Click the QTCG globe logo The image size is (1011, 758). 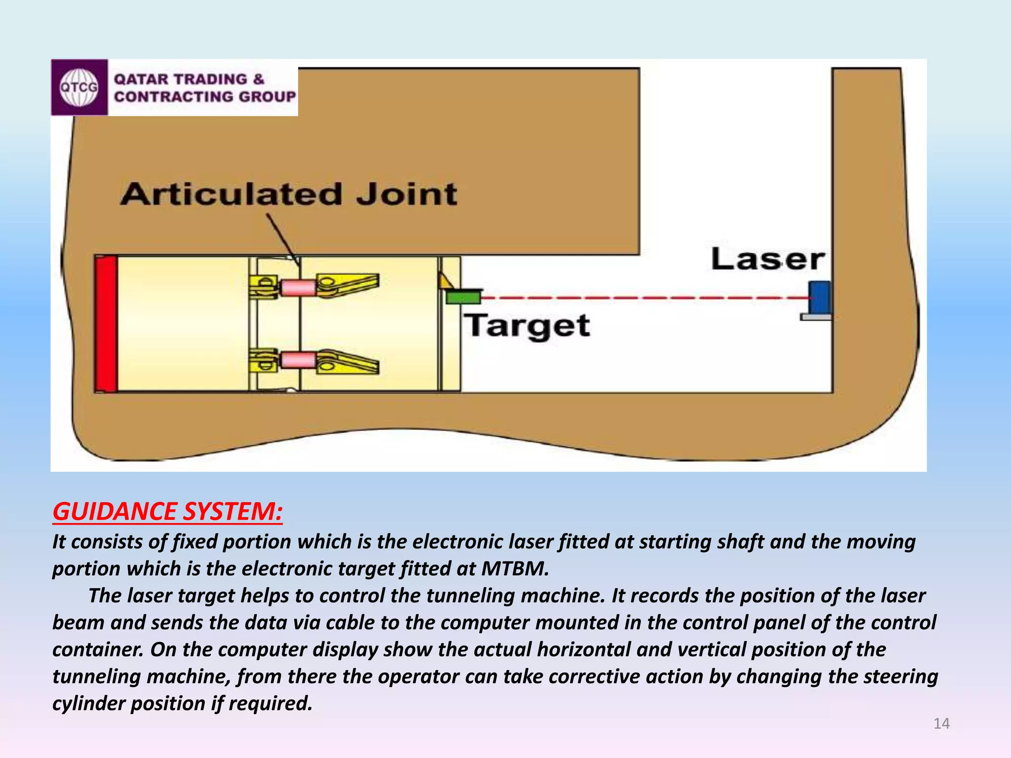point(79,87)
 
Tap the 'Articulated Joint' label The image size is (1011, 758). point(289,194)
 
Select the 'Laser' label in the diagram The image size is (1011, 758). point(768,259)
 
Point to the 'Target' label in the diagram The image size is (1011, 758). point(528,326)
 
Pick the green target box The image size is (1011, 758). point(464,297)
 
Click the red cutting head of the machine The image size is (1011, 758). point(106,324)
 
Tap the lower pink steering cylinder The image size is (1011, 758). point(298,360)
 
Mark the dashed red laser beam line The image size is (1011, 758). point(642,298)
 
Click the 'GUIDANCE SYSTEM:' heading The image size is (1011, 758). point(168,511)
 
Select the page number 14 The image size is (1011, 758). point(941,723)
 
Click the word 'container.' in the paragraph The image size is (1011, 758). point(98,650)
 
